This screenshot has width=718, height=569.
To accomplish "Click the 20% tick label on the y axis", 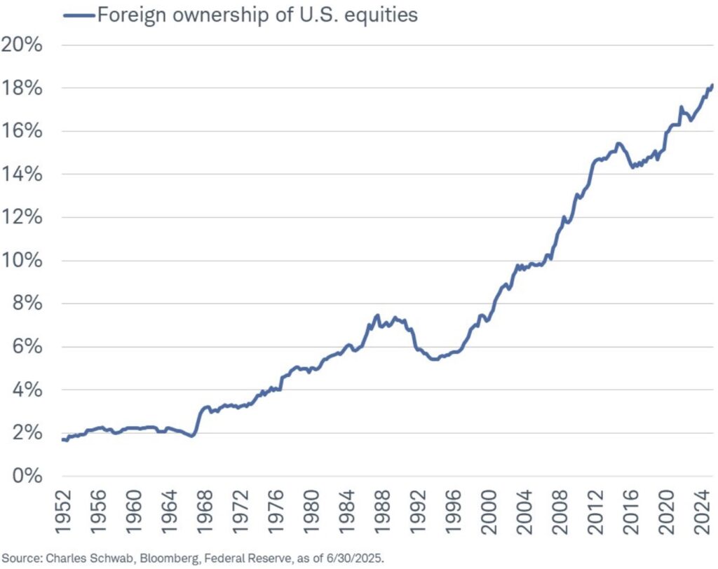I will coord(22,45).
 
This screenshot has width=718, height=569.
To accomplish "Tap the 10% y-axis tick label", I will coord(22,261).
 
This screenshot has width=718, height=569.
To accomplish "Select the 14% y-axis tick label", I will coord(22,174).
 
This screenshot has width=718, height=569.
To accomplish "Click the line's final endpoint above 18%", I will coord(712,85).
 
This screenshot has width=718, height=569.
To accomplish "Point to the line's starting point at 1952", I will coord(62,439).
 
